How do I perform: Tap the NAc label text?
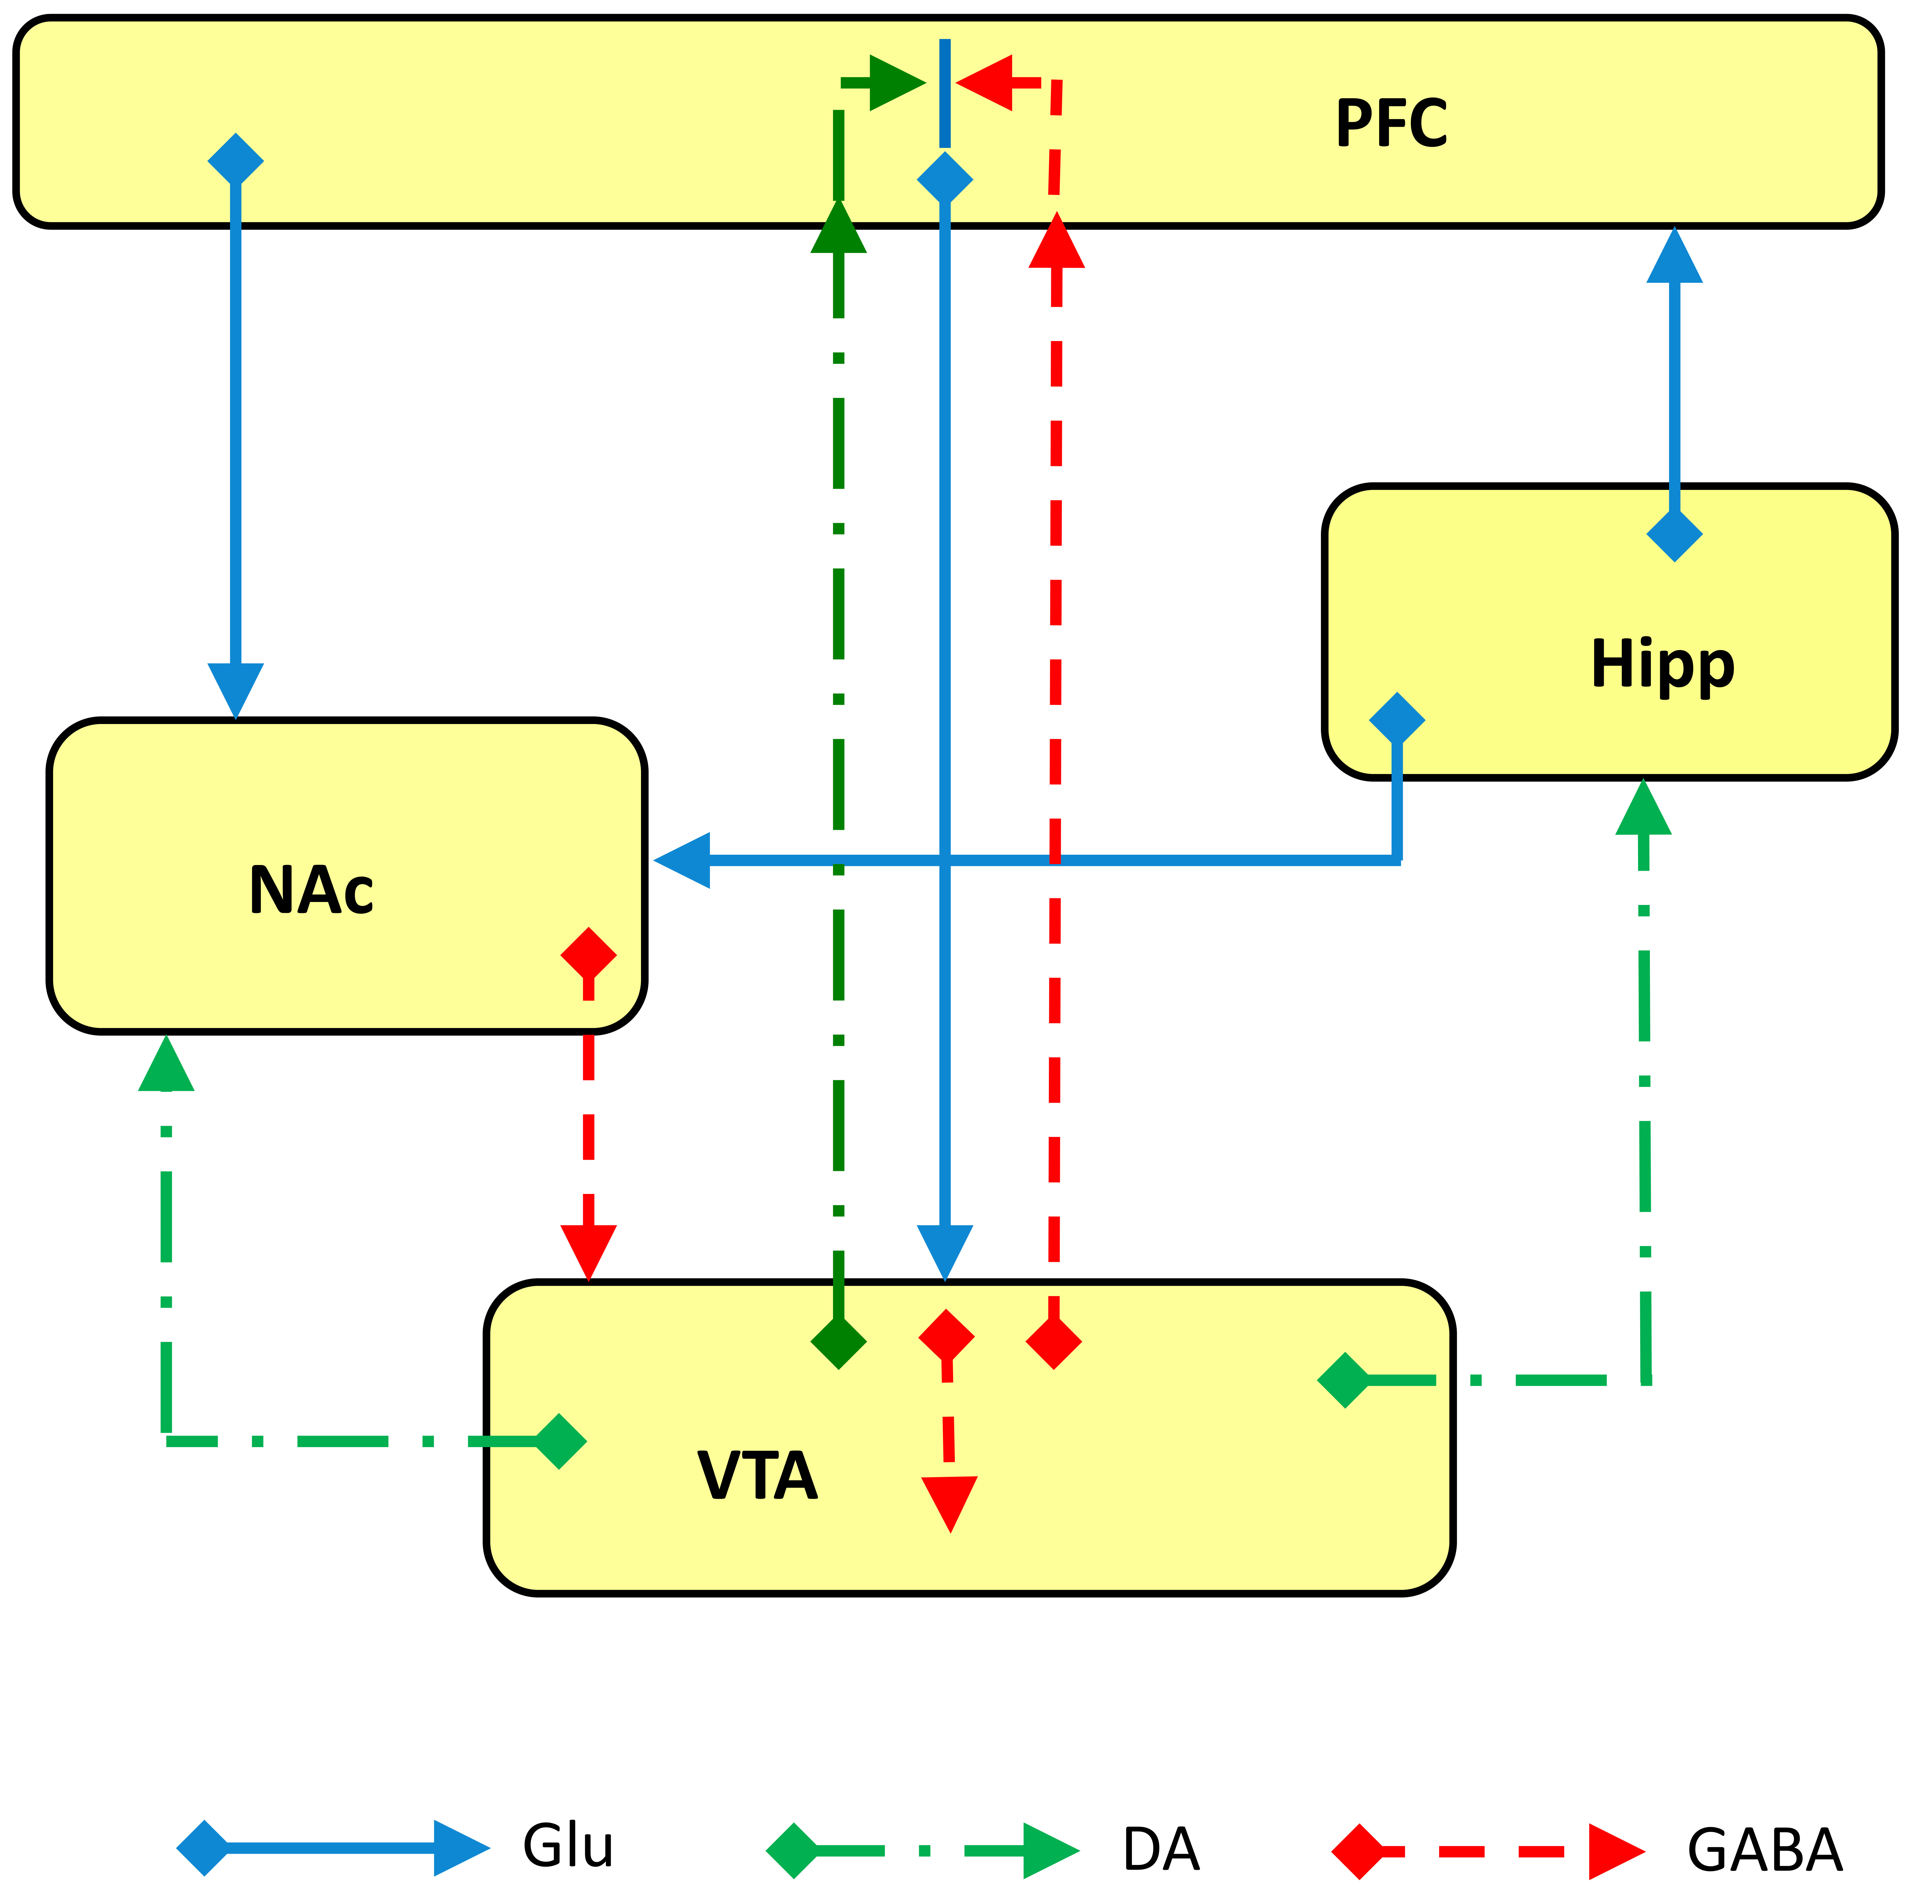(x=311, y=890)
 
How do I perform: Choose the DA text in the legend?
(x=1161, y=1849)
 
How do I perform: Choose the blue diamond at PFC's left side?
(x=236, y=159)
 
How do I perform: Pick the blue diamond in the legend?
(x=203, y=1848)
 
